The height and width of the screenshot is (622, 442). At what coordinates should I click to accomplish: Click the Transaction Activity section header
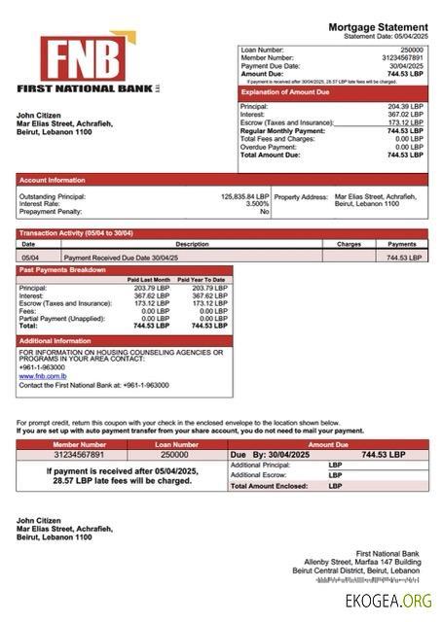click(76, 234)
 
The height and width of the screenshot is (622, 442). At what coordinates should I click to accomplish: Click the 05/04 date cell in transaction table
click(29, 258)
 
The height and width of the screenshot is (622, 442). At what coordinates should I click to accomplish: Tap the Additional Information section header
click(55, 341)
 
